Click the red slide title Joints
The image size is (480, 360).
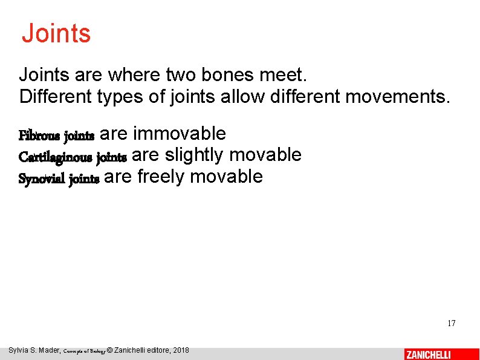(56, 33)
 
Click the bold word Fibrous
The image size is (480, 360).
(39, 135)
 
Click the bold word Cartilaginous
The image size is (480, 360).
(56, 157)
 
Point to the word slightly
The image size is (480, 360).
(194, 155)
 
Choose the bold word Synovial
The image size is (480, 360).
(42, 179)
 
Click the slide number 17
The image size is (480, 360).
(451, 323)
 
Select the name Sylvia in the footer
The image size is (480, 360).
(20, 350)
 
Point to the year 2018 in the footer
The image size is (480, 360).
(180, 350)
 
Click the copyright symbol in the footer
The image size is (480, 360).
(109, 350)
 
